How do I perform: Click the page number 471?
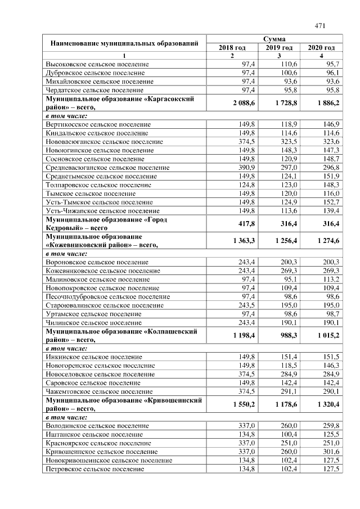[320, 25]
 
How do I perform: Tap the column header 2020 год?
[321, 48]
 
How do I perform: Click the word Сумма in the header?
[274, 39]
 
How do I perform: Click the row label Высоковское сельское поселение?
[97, 65]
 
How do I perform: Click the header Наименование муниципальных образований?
[124, 43]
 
